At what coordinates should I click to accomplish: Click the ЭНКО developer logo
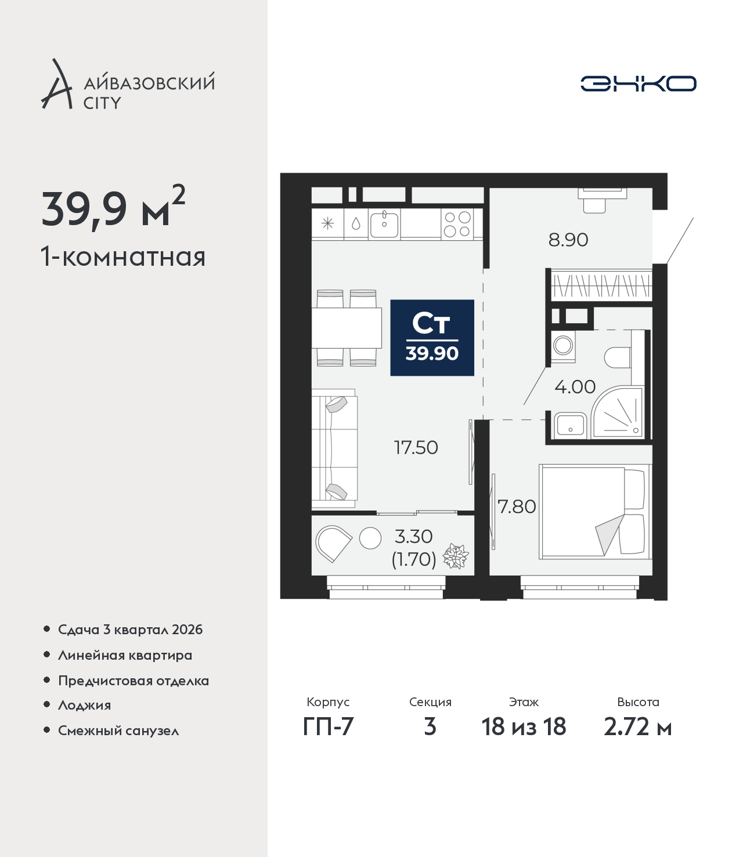point(638,83)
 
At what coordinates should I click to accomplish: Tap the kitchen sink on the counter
point(384,225)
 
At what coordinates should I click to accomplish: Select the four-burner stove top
point(457,225)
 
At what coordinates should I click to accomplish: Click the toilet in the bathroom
point(617,357)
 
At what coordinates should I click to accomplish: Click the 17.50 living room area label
point(416,448)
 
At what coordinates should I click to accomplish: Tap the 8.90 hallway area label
point(568,240)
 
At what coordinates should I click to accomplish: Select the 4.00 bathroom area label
point(575,387)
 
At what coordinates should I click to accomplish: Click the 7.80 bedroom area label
point(517,507)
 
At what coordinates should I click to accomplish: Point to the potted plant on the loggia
point(456,556)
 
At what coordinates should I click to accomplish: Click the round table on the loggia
point(370,538)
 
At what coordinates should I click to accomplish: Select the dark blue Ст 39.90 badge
point(432,338)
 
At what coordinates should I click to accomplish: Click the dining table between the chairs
point(347,328)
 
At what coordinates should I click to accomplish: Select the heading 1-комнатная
point(123,257)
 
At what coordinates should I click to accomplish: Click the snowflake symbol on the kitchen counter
point(328,224)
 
